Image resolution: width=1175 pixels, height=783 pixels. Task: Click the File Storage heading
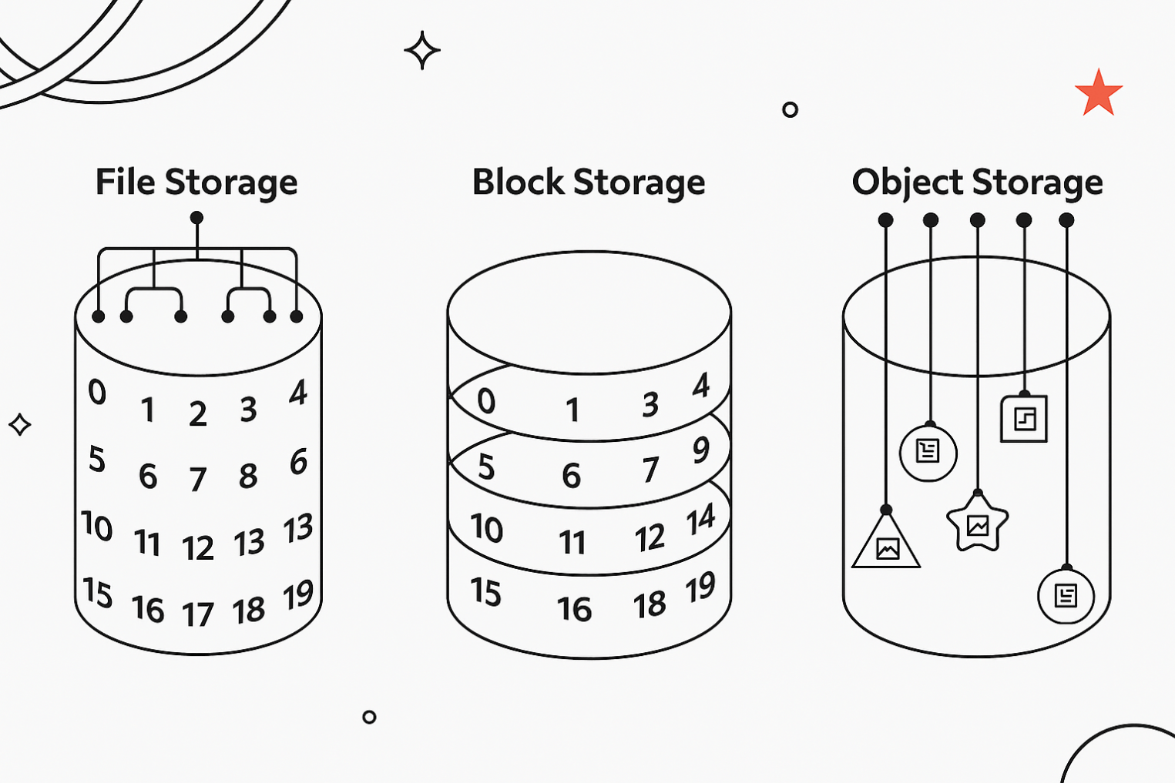196,183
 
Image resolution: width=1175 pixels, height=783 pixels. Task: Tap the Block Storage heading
589,183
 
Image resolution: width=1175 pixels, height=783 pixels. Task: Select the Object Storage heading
977,183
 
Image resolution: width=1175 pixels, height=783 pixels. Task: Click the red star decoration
1099,93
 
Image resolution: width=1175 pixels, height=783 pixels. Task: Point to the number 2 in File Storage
198,414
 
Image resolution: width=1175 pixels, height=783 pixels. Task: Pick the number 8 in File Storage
248,477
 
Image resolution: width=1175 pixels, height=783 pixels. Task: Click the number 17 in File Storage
198,614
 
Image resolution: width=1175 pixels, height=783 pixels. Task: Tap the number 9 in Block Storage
700,450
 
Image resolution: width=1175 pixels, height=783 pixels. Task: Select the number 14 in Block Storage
700,520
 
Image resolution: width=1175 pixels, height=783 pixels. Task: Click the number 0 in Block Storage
486,400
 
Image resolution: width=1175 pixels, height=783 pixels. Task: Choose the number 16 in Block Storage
575,610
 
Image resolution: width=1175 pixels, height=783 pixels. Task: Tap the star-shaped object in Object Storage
978,525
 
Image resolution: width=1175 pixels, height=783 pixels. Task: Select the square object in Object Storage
1024,420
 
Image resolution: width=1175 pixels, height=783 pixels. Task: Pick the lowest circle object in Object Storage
1066,595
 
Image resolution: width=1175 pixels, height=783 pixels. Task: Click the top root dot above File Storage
196,218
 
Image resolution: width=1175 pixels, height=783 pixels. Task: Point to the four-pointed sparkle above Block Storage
422,51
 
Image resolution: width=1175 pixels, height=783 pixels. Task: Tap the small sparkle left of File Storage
20,424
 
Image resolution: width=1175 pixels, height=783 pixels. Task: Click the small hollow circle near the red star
790,109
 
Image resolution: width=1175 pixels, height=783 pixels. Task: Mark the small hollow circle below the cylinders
369,717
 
